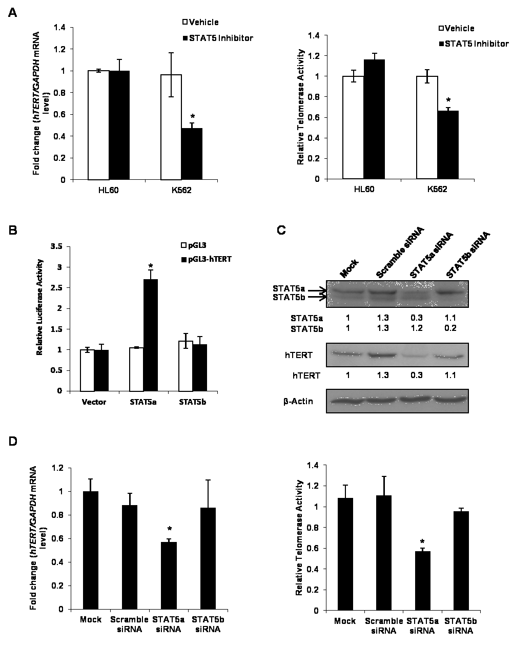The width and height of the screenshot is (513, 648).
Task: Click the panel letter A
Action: [12, 13]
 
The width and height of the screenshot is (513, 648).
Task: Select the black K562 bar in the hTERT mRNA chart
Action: [192, 154]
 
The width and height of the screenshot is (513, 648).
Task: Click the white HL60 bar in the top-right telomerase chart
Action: [353, 128]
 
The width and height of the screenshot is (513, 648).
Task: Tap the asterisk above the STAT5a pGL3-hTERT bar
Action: [151, 266]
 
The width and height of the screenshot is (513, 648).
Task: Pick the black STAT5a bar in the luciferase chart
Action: [150, 335]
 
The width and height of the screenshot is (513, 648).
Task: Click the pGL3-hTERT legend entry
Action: [207, 259]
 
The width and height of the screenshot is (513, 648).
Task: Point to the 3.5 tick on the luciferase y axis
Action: [56, 246]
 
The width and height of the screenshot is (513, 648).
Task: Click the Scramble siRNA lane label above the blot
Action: [400, 253]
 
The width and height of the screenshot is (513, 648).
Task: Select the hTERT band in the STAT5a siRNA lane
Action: [417, 356]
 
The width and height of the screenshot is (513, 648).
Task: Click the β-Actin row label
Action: [298, 402]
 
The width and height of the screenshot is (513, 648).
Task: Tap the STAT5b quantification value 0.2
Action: [450, 328]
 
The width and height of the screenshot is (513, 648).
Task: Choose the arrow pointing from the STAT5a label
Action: [317, 290]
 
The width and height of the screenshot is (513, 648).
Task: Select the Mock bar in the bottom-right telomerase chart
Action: [345, 554]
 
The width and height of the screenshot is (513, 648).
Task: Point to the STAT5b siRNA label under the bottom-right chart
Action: [461, 625]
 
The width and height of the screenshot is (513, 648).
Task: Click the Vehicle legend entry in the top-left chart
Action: [200, 22]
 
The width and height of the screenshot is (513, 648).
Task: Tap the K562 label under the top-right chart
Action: [437, 189]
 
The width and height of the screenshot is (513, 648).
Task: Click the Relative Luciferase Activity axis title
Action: [39, 307]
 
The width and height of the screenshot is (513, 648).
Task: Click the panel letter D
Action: [13, 441]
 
